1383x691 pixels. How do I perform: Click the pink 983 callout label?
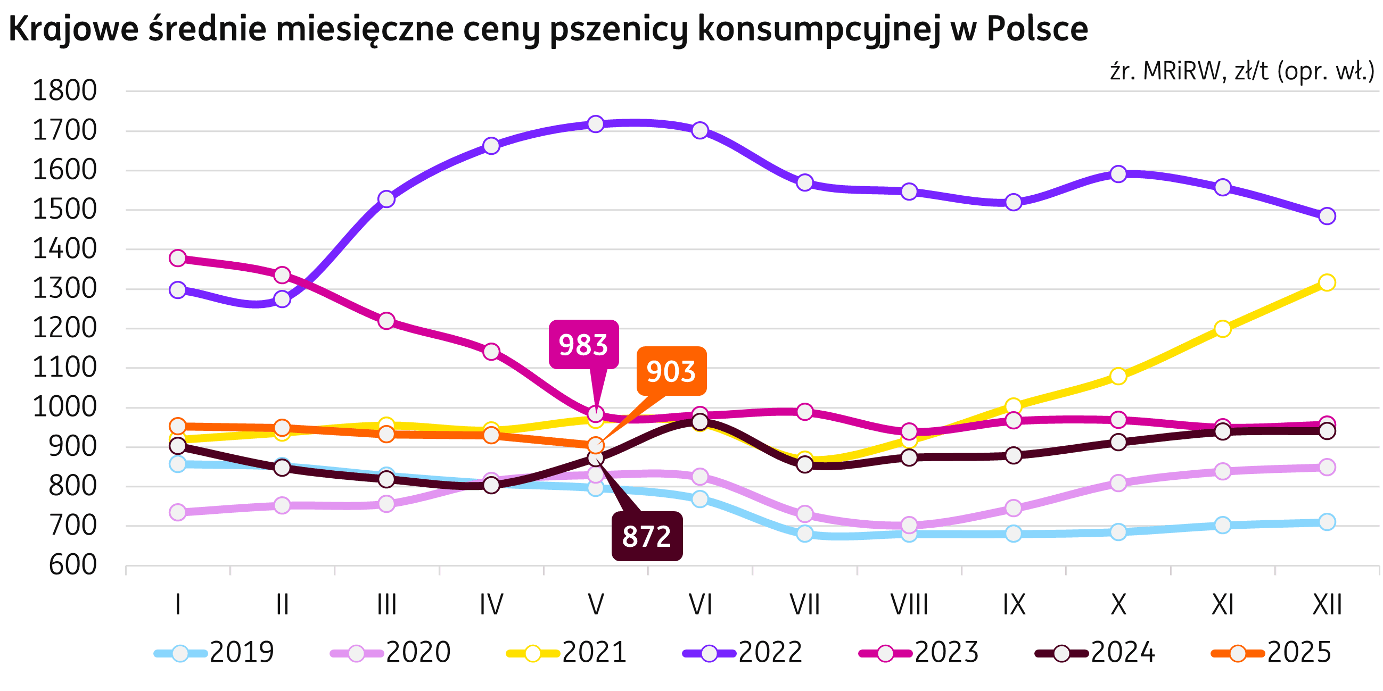(x=583, y=344)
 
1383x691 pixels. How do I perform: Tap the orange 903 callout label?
(x=671, y=371)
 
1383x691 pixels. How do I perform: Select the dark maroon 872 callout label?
(x=647, y=536)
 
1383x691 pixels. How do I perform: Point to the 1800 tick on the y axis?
(x=65, y=91)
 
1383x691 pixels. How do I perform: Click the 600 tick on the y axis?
(x=73, y=565)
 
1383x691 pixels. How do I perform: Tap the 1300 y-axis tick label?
(x=65, y=289)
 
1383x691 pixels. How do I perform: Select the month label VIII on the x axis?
(x=909, y=605)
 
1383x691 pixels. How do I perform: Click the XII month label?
(x=1327, y=605)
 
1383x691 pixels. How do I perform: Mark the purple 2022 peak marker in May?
(x=595, y=124)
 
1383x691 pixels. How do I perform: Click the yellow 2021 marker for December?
(x=1327, y=282)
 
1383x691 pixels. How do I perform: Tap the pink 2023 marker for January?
(x=178, y=258)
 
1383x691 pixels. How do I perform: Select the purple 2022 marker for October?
(x=1118, y=174)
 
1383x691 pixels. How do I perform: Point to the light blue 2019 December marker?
(x=1327, y=521)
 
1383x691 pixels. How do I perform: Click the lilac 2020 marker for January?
(x=178, y=512)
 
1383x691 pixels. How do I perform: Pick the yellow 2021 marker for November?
(x=1222, y=328)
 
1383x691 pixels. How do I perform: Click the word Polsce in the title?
(x=1036, y=29)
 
